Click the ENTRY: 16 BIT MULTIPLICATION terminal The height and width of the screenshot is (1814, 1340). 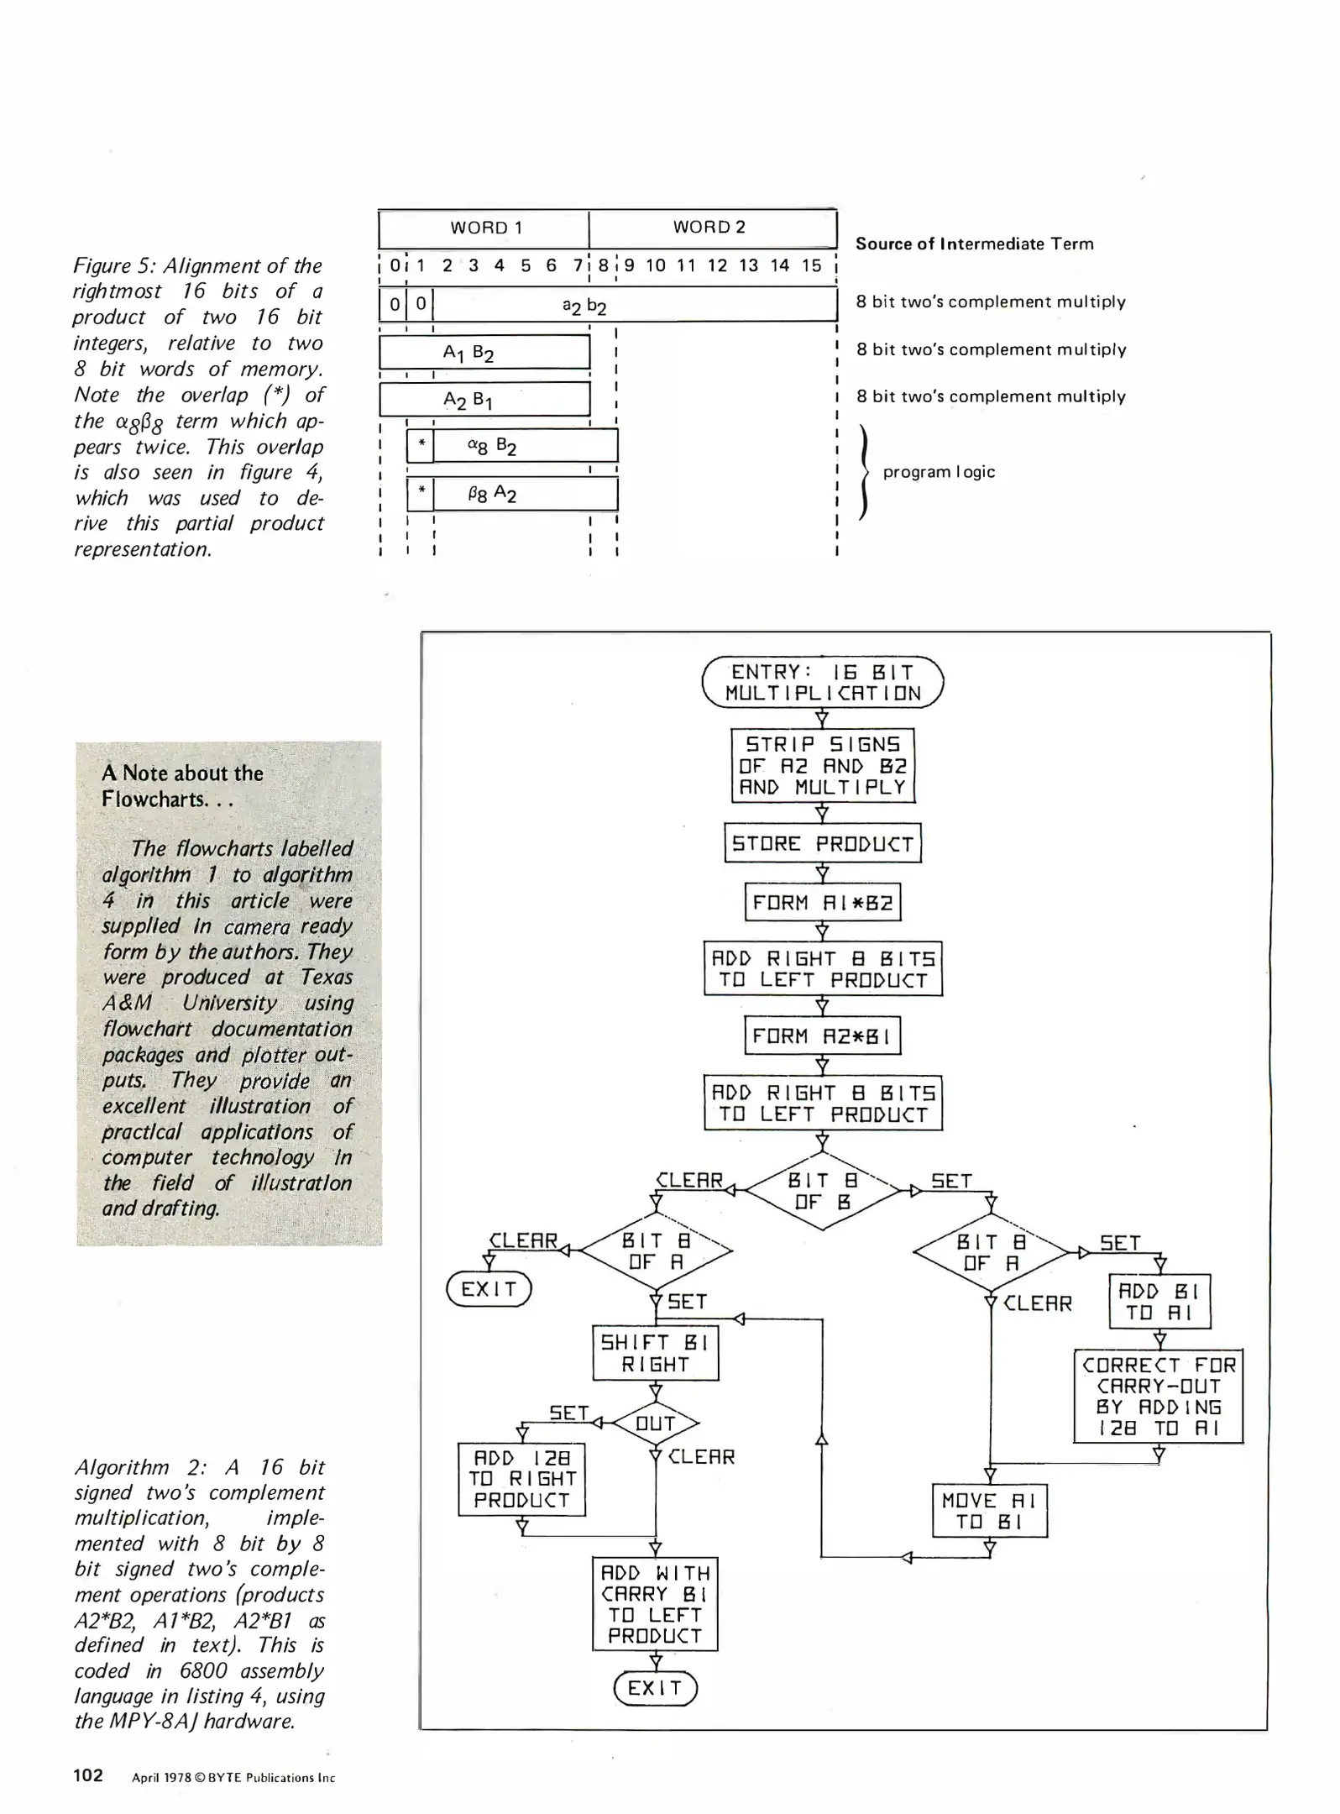[822, 682]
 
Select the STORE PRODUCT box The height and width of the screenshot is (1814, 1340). [822, 843]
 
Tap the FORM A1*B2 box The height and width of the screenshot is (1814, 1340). [822, 903]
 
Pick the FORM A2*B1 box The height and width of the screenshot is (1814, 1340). [822, 1036]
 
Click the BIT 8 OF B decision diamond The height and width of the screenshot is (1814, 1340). [822, 1191]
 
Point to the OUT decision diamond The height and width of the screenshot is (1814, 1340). [656, 1423]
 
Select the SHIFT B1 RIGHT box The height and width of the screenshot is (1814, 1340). [656, 1353]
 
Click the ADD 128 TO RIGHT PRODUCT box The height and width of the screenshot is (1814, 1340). [521, 1479]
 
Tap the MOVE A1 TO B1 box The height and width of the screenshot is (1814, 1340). [989, 1511]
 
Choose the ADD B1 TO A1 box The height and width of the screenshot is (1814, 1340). [1159, 1302]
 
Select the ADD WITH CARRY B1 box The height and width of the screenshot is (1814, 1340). [655, 1604]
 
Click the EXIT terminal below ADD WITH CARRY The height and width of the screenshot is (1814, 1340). [655, 1688]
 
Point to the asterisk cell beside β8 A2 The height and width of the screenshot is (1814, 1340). [421, 494]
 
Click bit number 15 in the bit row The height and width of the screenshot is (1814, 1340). [811, 265]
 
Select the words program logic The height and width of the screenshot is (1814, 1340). [939, 472]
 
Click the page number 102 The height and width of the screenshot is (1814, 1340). [88, 1775]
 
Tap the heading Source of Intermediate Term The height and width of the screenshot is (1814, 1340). [974, 244]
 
